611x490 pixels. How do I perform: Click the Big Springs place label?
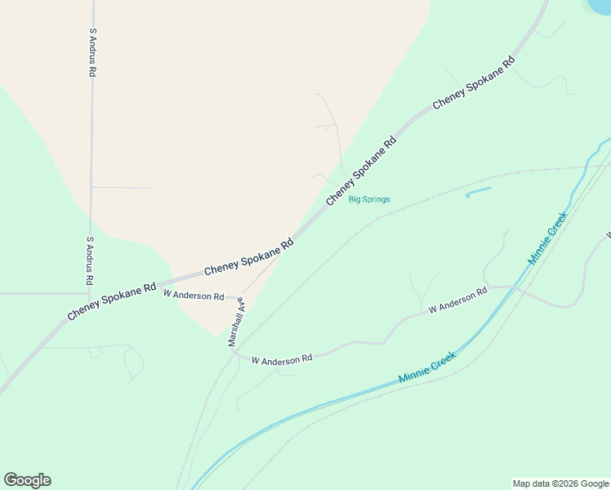369,199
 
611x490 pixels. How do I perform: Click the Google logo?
27,480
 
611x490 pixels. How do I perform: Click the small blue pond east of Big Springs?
479,193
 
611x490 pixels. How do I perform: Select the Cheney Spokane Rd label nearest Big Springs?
360,171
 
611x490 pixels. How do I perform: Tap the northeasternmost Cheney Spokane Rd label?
473,82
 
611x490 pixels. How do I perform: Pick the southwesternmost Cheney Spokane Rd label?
112,301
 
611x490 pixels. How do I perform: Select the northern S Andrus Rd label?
93,52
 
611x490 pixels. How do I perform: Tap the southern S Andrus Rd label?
90,262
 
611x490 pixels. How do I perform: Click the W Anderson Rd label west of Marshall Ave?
194,295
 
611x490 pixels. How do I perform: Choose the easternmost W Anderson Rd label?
457,299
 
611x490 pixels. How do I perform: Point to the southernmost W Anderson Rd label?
282,359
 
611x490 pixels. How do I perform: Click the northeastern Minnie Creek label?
547,244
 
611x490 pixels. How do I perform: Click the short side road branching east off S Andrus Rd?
123,188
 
